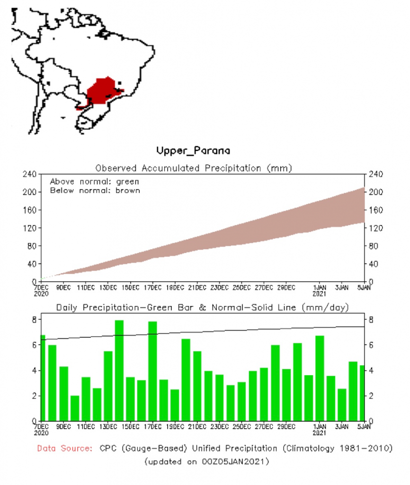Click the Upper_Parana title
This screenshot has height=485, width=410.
(193, 151)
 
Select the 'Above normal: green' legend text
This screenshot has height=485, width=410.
(94, 181)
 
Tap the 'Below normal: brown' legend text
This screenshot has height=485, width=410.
(95, 190)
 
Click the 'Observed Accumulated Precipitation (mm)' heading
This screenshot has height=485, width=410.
(193, 168)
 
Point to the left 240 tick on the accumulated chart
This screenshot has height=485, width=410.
(30, 174)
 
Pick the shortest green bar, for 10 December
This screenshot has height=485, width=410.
(75, 408)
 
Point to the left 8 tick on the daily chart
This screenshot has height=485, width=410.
(34, 320)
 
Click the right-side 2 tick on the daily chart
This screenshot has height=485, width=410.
(371, 396)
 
